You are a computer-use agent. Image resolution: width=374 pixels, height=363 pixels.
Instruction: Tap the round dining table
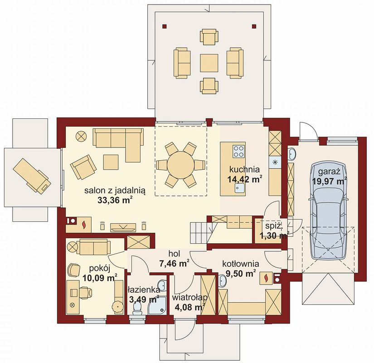(180, 165)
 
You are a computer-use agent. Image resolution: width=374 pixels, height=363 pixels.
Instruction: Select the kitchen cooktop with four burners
(238, 152)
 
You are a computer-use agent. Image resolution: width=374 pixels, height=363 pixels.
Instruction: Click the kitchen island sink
(239, 188)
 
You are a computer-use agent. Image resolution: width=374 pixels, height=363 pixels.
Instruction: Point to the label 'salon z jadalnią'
(115, 191)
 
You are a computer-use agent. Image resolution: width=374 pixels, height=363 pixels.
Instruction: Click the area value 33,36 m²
(115, 200)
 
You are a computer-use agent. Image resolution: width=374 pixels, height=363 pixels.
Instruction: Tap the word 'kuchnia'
(244, 169)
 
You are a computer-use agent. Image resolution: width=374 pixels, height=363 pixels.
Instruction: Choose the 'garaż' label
(329, 172)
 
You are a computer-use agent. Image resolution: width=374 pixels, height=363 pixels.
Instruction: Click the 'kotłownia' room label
(241, 264)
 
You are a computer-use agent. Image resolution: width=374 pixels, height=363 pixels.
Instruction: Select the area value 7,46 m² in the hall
(174, 264)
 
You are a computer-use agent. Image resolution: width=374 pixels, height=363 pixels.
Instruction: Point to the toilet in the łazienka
(137, 306)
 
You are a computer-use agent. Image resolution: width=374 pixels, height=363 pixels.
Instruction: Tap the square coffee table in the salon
(111, 162)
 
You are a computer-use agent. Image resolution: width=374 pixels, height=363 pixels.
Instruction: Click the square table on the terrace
(209, 63)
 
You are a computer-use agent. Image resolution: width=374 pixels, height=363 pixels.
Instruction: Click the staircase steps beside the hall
(200, 233)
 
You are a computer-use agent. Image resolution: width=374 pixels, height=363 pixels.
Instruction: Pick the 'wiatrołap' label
(189, 298)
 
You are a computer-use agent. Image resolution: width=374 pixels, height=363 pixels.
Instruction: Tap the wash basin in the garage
(291, 154)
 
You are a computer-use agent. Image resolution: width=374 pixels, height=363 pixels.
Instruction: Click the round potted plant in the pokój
(117, 306)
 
